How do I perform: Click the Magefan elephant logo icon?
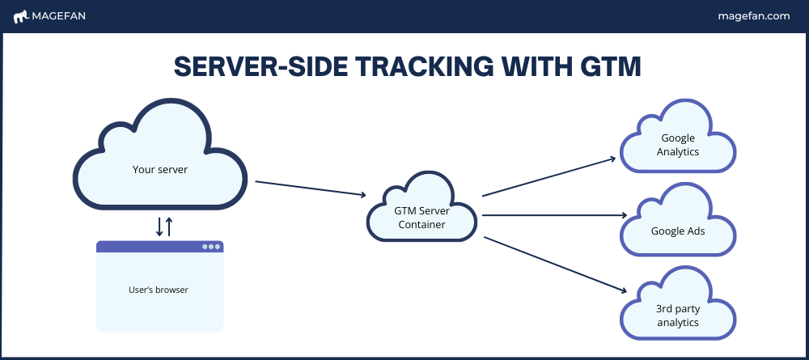click(21, 17)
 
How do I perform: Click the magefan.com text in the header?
click(754, 16)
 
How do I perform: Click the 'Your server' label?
click(160, 169)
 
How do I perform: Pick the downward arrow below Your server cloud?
click(159, 227)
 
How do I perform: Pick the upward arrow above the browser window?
click(169, 227)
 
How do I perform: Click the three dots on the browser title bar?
click(211, 247)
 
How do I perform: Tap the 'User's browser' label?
click(159, 290)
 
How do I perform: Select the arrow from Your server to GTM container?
click(311, 188)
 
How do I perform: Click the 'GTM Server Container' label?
click(422, 218)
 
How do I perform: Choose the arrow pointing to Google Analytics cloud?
click(549, 177)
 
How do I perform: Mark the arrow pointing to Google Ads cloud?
click(555, 215)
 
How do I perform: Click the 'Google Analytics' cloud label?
click(678, 145)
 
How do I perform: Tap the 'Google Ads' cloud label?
click(678, 231)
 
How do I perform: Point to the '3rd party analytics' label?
click(678, 316)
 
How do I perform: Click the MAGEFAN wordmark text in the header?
click(59, 16)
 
